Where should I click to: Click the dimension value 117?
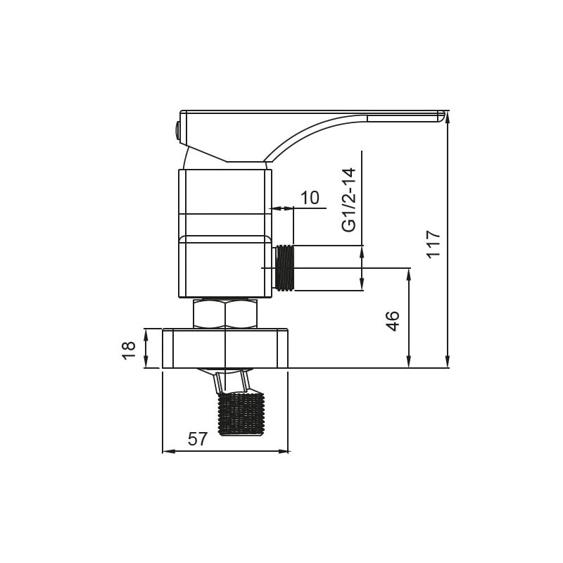[434, 243]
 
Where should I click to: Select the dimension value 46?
[393, 321]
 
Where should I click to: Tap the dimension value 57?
[198, 439]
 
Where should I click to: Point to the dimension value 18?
[129, 349]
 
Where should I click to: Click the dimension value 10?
[310, 198]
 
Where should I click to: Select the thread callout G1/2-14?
[349, 199]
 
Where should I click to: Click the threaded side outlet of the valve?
[284, 267]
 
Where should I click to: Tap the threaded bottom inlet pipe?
[241, 413]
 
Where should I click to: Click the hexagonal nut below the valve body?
[225, 313]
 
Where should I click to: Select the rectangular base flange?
[225, 348]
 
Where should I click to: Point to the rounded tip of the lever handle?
[441, 116]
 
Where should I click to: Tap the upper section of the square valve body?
[225, 191]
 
